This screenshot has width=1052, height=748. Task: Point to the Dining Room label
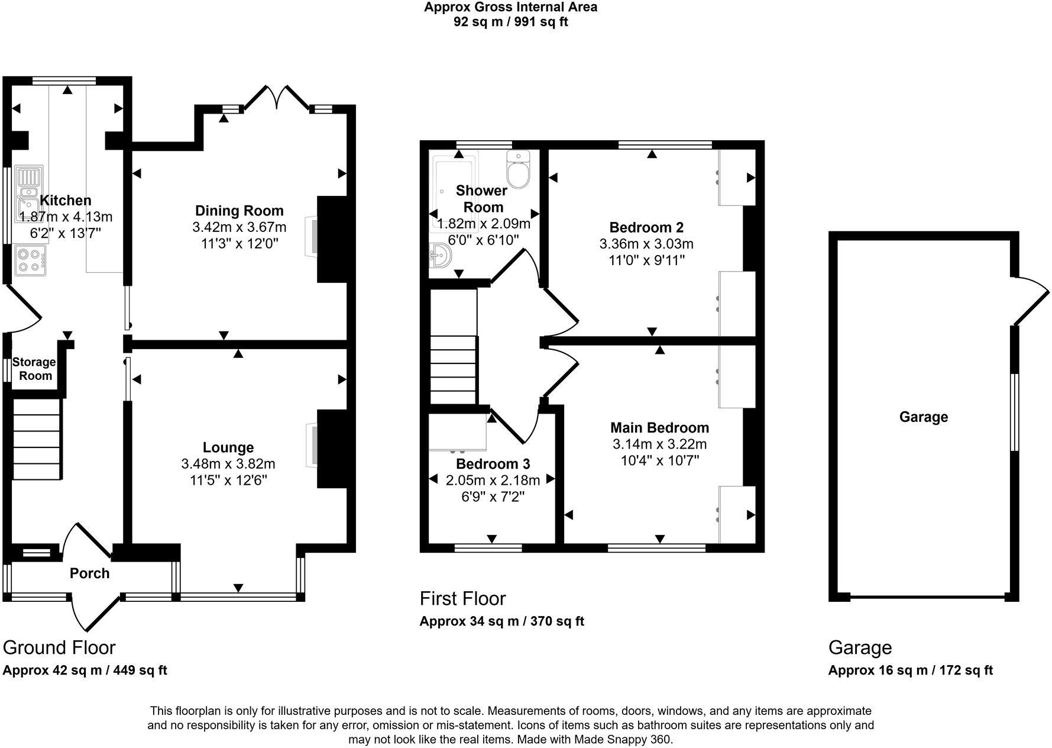[x=239, y=211]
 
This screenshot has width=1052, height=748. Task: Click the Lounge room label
[x=228, y=448]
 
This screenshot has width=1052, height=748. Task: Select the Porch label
[x=90, y=573]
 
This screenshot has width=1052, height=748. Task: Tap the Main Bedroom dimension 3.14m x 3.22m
[x=659, y=444]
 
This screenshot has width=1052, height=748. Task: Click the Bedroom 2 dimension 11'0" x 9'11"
[x=646, y=260]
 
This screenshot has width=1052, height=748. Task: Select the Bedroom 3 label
[x=493, y=464]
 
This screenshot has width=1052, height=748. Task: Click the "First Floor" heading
[x=462, y=598]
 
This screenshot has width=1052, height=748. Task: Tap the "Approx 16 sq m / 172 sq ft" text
[x=910, y=670]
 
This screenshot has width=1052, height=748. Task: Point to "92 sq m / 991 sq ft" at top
[x=510, y=22]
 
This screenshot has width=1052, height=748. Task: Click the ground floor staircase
[x=37, y=439]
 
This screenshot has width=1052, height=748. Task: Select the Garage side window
[x=1015, y=412]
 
